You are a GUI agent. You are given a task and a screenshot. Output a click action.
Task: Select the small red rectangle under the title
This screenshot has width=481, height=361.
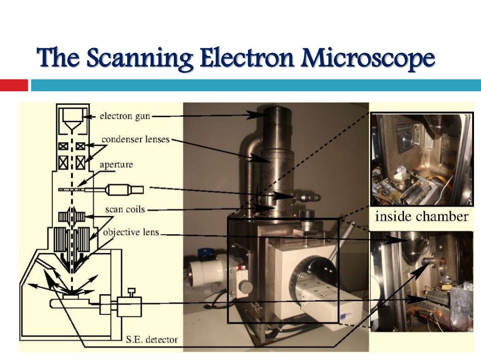[x=14, y=85]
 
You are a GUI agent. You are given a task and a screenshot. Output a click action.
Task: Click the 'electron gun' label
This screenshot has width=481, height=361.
[x=125, y=116]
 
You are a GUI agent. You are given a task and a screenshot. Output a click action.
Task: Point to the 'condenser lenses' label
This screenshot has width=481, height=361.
[x=135, y=140]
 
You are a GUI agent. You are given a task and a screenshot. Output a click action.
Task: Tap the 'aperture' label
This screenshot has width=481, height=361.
[x=116, y=165]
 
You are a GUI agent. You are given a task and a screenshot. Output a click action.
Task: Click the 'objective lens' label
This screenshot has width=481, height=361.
[x=131, y=232]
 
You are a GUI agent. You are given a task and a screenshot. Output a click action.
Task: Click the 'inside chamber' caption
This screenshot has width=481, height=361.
[x=421, y=217]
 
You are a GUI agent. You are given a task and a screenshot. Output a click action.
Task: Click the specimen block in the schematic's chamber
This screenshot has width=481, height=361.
[x=72, y=296]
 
